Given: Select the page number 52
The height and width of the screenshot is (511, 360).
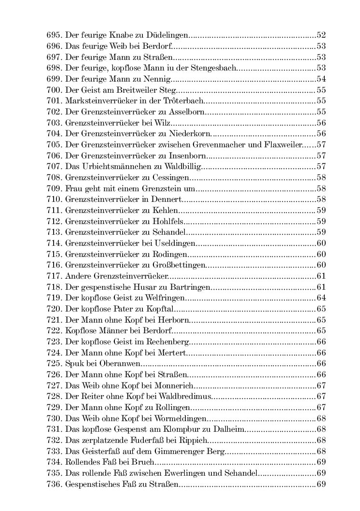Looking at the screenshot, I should (x=321, y=35).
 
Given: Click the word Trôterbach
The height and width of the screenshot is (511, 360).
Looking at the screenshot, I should (x=185, y=101).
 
